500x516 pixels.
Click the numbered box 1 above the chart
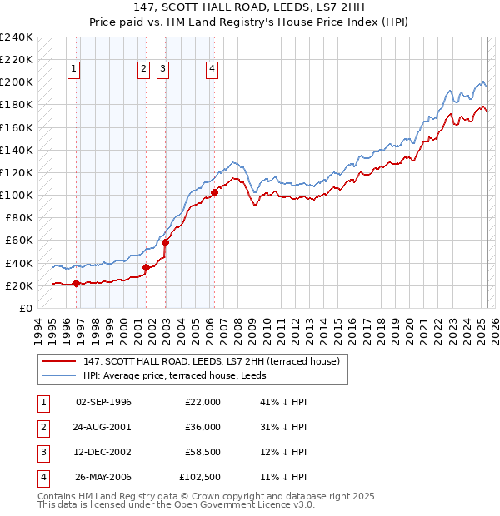tap(75, 69)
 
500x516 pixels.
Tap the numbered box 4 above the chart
tap(212, 69)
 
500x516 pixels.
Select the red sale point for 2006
tap(214, 192)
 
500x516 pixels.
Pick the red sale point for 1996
tap(76, 283)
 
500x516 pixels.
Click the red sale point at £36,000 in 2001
tap(146, 267)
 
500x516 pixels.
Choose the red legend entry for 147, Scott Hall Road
tap(211, 362)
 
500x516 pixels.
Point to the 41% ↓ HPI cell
tap(283, 402)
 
